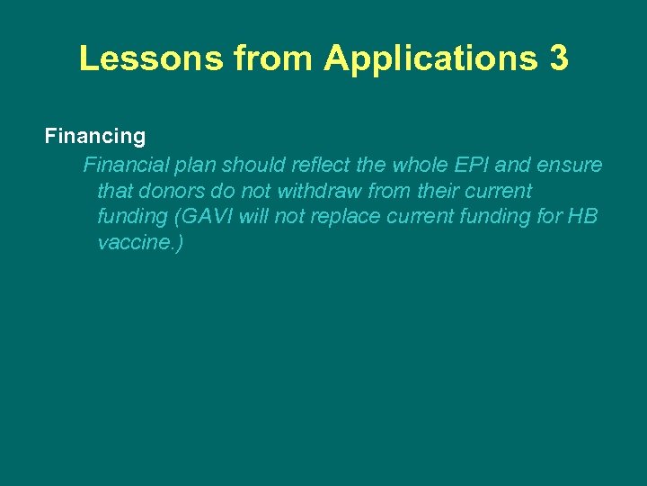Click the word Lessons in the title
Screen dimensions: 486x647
151,58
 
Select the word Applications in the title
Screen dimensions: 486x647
428,58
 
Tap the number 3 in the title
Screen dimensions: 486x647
556,58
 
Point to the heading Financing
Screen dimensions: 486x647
95,137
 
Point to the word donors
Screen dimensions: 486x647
172,192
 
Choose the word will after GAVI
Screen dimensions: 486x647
256,218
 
